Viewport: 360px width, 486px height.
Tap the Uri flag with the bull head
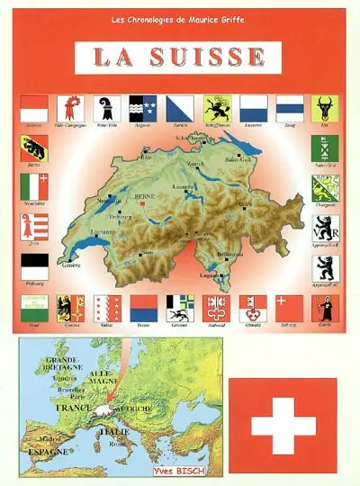(324, 108)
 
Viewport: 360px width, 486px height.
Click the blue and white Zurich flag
(180, 108)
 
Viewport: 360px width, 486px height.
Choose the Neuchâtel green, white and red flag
(33, 188)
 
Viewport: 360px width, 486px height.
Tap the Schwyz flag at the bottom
(289, 308)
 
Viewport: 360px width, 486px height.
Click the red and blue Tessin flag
(143, 308)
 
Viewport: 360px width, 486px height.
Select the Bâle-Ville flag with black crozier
(106, 108)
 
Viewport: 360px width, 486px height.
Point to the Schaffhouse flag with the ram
(217, 108)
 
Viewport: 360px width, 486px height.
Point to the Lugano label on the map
(232, 274)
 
